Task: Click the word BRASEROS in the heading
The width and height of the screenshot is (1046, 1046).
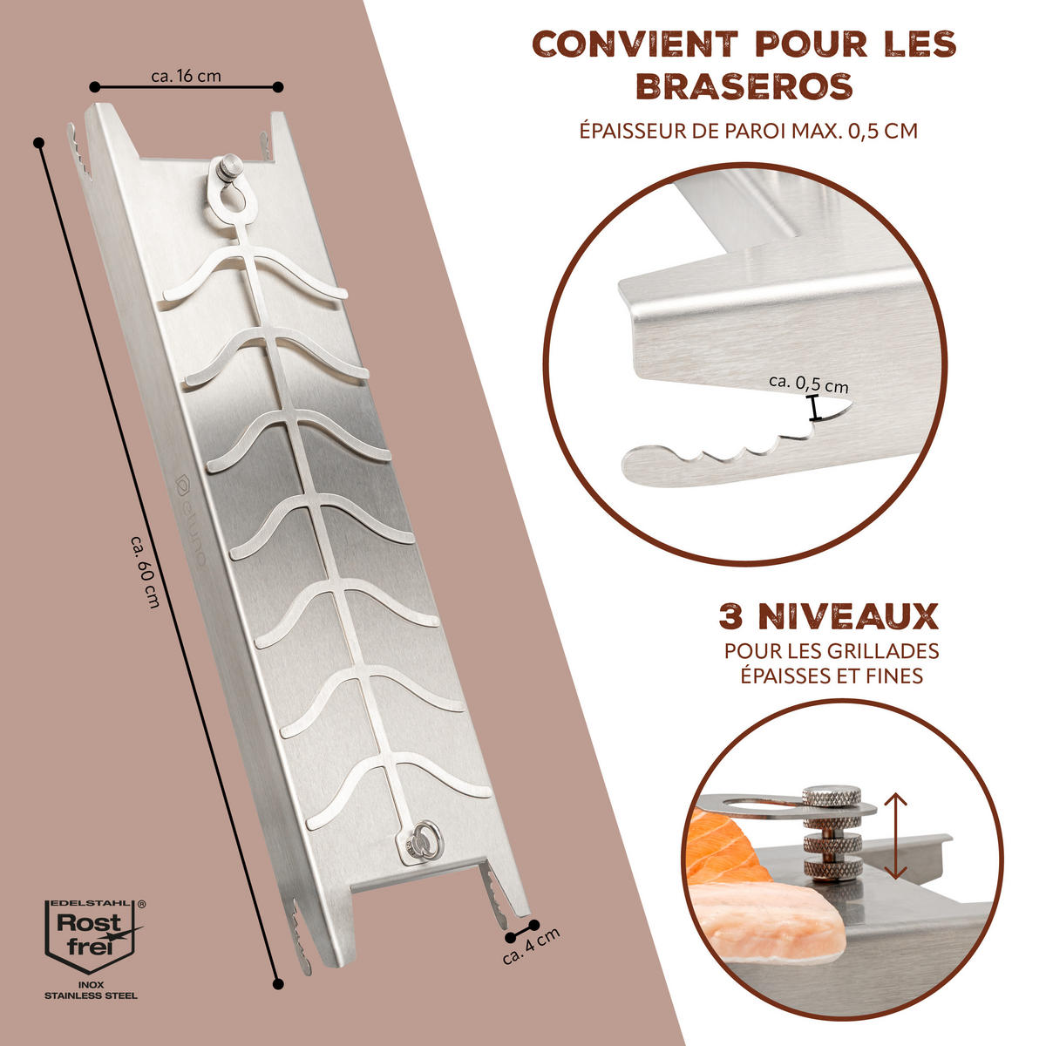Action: tap(744, 86)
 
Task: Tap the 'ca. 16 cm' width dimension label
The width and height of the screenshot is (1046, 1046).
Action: tap(187, 76)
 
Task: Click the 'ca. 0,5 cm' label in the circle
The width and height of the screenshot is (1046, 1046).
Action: tap(808, 384)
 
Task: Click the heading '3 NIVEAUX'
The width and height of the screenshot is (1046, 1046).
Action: tap(828, 616)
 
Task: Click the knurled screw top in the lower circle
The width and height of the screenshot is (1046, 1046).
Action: tap(831, 798)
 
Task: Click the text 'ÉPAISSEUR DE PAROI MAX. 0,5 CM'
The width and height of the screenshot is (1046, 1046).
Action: tap(749, 131)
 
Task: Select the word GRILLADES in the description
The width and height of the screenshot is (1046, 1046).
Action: tap(884, 650)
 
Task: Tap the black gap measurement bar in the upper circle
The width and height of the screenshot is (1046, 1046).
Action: tap(813, 408)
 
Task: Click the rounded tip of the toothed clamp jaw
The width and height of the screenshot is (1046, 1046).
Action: tap(632, 465)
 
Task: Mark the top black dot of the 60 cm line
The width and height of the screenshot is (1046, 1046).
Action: tap(38, 143)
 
